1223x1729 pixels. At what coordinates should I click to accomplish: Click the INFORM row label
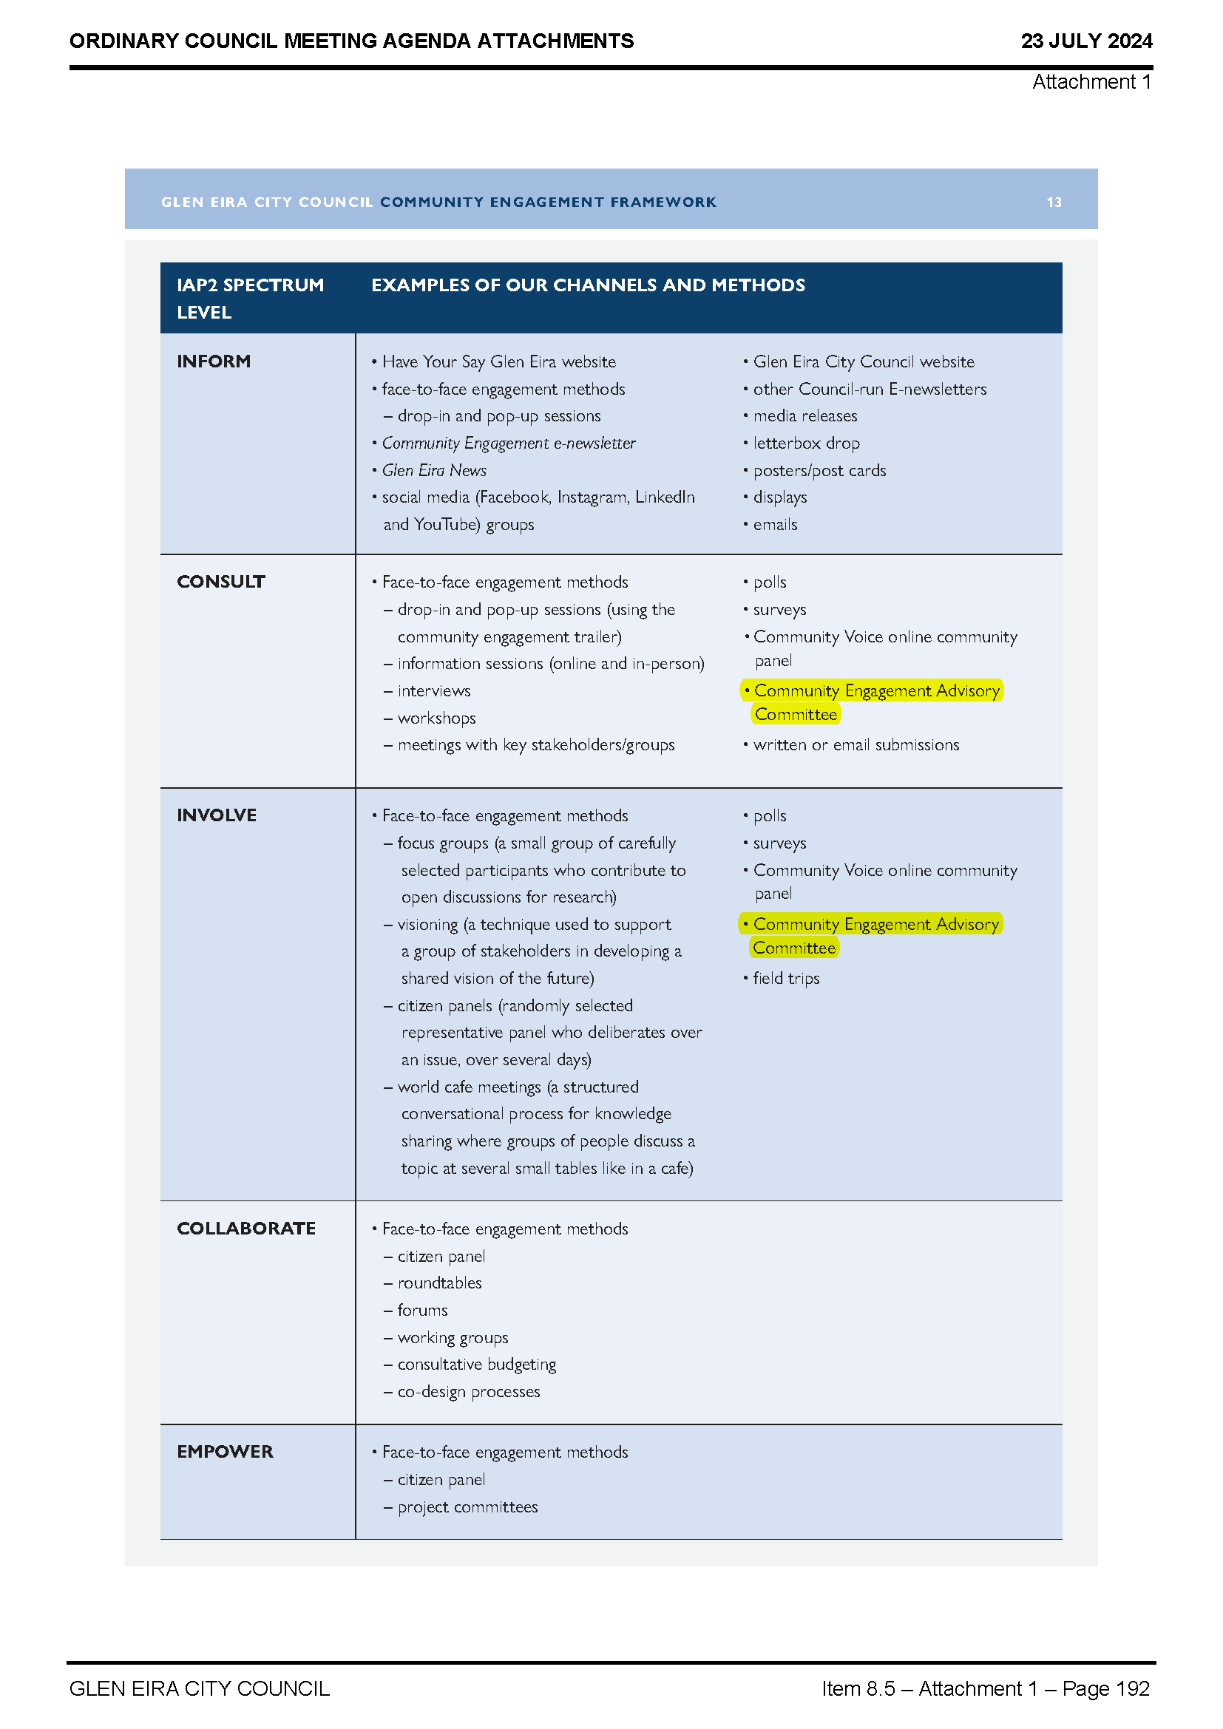click(213, 361)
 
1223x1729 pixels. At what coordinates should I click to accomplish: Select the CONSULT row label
click(220, 582)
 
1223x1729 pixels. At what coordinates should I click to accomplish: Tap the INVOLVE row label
click(216, 815)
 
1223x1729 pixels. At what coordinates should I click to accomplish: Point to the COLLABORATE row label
click(245, 1229)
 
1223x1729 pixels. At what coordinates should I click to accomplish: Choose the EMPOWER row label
click(225, 1452)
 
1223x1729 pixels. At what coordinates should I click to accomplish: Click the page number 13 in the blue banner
click(1054, 202)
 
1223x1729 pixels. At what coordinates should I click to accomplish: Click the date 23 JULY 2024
click(1086, 41)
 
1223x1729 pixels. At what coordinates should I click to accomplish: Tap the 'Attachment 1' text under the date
click(1091, 81)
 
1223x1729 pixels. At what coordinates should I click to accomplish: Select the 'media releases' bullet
click(804, 415)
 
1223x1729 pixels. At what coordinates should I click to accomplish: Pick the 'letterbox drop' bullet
click(806, 443)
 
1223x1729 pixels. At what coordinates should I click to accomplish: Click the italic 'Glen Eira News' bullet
click(434, 471)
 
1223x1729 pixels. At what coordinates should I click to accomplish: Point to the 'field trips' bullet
click(785, 978)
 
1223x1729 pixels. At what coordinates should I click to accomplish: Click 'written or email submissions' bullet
click(856, 745)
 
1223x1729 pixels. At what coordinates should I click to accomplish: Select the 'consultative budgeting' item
click(476, 1365)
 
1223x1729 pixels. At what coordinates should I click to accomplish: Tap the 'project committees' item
click(467, 1506)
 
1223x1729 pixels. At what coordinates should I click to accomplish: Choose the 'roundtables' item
click(439, 1283)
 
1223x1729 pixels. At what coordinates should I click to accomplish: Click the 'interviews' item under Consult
click(434, 690)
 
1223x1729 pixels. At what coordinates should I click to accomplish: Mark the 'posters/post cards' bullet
click(819, 471)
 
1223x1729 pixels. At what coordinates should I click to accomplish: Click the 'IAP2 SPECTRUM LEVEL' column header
click(250, 298)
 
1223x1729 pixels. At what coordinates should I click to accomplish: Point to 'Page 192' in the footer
click(1105, 1689)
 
